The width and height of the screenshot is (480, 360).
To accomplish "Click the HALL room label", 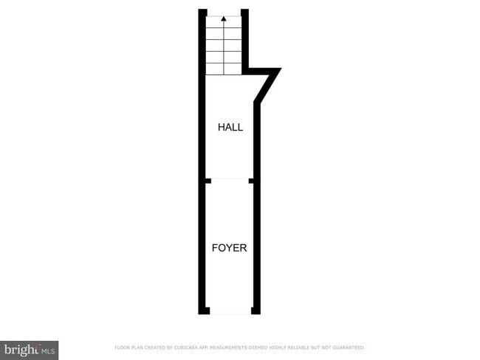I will point(230,127).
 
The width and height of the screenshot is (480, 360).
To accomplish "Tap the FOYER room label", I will point(229,248).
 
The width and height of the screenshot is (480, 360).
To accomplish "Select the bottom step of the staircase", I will point(224,69).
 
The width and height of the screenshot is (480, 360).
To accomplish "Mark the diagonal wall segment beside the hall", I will point(266,87).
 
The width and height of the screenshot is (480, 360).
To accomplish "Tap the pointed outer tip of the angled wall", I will point(279,70).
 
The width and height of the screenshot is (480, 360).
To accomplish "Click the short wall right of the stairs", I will point(244,41).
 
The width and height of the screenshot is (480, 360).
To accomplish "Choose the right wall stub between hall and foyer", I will point(252,180).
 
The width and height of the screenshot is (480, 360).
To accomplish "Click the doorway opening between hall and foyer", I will point(229,180).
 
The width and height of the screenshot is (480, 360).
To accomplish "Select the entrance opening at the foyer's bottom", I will point(230,311).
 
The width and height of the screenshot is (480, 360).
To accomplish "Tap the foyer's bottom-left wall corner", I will point(203,311).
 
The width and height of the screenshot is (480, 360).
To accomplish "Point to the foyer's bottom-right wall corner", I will point(256,311).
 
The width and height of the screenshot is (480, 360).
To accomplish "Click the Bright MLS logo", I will point(30,349).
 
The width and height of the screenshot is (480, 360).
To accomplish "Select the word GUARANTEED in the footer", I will point(349,347).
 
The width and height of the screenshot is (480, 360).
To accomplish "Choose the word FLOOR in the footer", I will point(122,347).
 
